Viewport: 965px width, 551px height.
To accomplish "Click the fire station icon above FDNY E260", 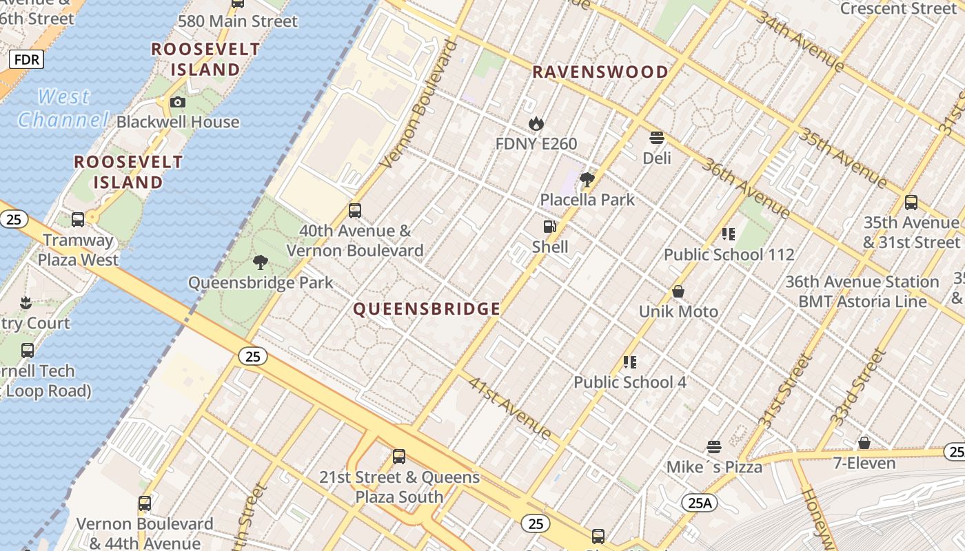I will tap(536, 124).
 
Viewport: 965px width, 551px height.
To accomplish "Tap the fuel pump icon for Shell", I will tap(550, 227).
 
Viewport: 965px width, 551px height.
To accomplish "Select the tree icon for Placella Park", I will tap(587, 180).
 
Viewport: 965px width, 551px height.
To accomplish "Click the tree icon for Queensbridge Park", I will tap(261, 262).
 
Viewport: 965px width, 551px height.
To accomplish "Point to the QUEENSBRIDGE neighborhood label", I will tap(427, 309).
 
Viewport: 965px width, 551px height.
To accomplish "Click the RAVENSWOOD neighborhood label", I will tap(600, 72).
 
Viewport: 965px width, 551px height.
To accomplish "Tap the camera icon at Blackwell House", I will tap(178, 103).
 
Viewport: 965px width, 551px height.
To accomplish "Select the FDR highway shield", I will tap(26, 59).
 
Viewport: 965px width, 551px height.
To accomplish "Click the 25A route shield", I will tap(699, 503).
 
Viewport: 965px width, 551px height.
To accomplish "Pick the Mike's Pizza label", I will tap(714, 467).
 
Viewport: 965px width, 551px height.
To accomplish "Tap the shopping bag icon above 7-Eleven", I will tap(864, 443).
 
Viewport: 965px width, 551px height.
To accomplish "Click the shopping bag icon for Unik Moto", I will tap(678, 291).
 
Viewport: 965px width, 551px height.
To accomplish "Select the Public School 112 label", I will tap(729, 255).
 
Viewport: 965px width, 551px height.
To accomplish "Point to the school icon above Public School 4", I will tap(629, 362).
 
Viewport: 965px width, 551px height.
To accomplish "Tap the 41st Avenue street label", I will tap(510, 408).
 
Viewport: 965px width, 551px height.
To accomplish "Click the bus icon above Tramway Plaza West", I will tap(78, 220).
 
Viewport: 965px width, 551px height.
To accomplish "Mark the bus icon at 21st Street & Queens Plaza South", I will tap(398, 456).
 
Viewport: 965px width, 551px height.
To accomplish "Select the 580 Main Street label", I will tap(238, 21).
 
